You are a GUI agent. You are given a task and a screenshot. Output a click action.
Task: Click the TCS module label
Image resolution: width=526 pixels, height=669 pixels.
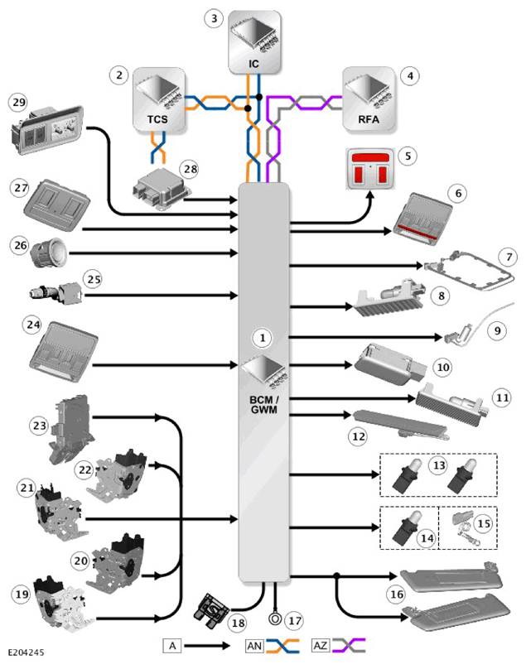[x=157, y=119]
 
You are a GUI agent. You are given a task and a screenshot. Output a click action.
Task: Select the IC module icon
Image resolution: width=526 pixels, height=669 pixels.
[x=254, y=41]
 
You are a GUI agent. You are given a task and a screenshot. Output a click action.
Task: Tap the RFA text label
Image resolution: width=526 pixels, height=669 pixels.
[x=369, y=119]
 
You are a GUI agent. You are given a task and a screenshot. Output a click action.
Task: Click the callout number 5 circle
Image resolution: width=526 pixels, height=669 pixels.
[x=408, y=156]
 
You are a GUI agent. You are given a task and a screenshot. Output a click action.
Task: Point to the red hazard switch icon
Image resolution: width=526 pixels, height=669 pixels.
[x=370, y=169]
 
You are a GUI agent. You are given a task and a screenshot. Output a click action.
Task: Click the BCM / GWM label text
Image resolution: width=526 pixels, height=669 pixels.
[x=264, y=405]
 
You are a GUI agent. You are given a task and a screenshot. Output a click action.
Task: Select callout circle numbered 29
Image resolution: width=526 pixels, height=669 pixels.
[x=19, y=103]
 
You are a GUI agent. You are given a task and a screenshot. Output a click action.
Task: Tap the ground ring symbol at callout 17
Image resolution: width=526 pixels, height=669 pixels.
[x=274, y=618]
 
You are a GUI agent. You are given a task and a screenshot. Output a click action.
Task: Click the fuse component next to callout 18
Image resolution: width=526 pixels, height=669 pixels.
[x=212, y=610]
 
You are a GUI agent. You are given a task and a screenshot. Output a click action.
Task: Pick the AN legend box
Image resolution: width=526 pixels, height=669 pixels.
[x=254, y=646]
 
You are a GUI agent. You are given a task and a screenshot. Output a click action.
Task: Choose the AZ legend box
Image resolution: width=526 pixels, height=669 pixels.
[x=321, y=646]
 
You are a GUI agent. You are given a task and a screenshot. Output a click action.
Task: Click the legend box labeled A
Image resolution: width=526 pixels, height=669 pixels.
[x=172, y=646]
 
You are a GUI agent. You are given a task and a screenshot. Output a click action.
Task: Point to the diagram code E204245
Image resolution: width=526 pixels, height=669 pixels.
[x=26, y=652]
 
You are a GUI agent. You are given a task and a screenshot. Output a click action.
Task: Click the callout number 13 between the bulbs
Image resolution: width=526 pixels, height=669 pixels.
[x=439, y=465]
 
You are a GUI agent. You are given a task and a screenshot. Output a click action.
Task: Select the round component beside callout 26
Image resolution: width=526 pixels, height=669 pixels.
[x=48, y=253]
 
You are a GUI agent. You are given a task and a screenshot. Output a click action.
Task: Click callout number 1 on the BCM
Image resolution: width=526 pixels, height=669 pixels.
[x=262, y=338]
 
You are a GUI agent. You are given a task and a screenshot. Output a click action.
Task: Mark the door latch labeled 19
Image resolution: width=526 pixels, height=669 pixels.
[x=59, y=605]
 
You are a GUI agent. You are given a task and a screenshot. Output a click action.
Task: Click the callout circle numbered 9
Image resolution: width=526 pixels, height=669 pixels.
[x=497, y=330]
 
